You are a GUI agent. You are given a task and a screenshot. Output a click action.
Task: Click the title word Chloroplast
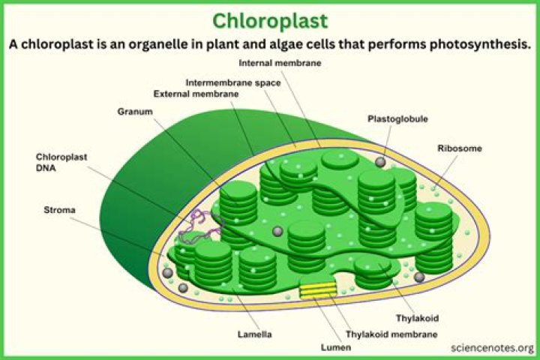[x=269, y=19]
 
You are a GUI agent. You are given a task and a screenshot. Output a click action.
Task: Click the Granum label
[x=135, y=112]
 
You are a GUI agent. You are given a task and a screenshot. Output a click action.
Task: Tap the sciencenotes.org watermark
[x=493, y=348]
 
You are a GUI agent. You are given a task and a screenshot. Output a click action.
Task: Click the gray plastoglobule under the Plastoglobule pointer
[x=381, y=162]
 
